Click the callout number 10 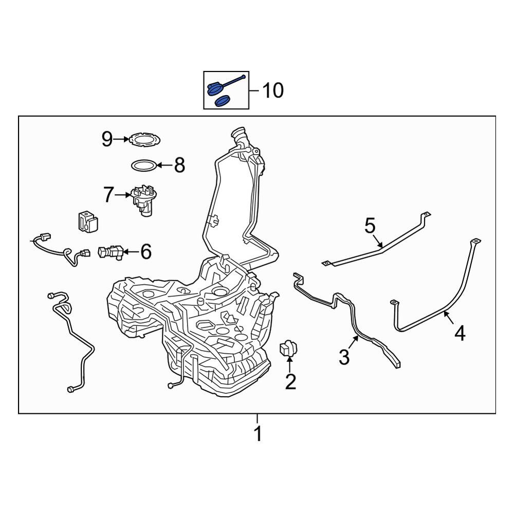[273, 90]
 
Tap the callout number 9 [107, 139]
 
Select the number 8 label [179, 165]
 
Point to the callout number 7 [108, 195]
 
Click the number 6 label [146, 251]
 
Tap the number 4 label [460, 334]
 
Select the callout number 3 [344, 357]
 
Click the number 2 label [290, 381]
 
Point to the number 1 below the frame [259, 434]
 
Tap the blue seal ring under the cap [222, 101]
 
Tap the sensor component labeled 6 [111, 251]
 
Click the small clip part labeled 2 [288, 348]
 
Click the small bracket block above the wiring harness [88, 221]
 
